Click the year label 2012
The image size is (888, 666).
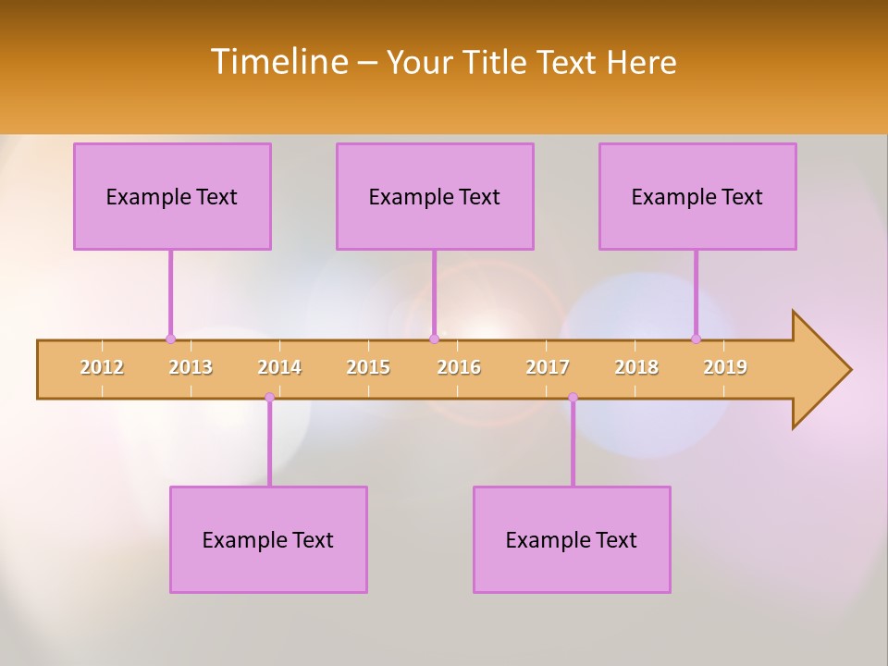[x=102, y=367]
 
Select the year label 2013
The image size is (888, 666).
[x=191, y=367]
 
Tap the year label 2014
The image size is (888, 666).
[x=279, y=367]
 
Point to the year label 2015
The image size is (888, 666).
[x=368, y=367]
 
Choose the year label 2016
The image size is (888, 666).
[x=459, y=367]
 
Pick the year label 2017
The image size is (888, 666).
[x=548, y=367]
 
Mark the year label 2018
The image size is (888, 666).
[x=636, y=367]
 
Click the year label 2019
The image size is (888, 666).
[x=725, y=367]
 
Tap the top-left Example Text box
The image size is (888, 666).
[x=172, y=196]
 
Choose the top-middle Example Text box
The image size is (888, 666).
[x=435, y=196]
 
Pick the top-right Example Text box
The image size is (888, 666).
[x=697, y=196]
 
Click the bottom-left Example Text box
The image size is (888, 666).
[x=268, y=539]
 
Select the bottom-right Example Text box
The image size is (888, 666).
[x=572, y=539]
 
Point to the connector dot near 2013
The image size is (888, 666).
[x=170, y=339]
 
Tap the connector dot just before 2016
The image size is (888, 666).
[x=434, y=339]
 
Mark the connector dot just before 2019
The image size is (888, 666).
[x=697, y=339]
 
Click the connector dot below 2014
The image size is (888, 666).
[x=269, y=398]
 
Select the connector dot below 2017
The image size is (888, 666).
[x=573, y=398]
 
